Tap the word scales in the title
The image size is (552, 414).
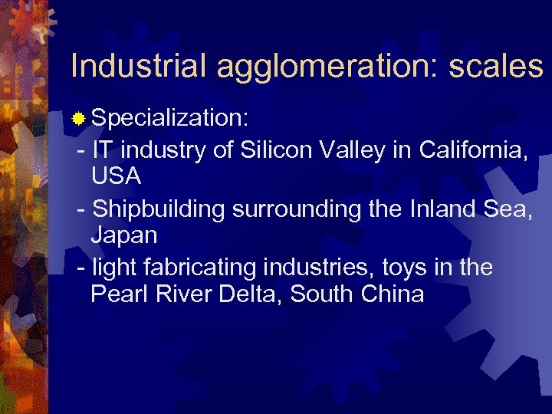(495, 67)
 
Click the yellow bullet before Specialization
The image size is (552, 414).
(78, 120)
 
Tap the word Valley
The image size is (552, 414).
(352, 151)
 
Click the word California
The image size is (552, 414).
(472, 150)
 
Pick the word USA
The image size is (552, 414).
(117, 176)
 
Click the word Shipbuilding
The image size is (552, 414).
(154, 209)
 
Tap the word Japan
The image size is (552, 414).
(124, 235)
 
